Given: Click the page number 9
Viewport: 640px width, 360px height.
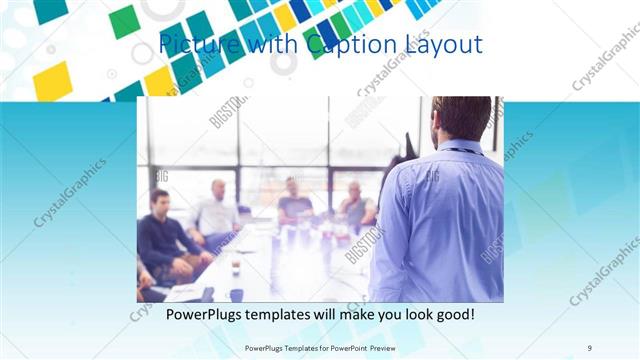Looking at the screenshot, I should [x=590, y=347].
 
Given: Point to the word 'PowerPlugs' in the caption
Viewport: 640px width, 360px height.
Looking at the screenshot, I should [x=206, y=315].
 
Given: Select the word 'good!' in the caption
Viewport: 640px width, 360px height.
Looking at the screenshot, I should [x=453, y=315].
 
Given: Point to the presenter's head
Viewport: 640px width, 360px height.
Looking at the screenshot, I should [x=463, y=118].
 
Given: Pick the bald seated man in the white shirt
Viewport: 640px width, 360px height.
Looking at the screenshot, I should [x=217, y=210].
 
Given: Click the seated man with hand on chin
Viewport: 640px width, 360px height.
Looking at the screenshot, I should [x=354, y=205].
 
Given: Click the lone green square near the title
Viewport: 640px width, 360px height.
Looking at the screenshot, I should [x=124, y=22].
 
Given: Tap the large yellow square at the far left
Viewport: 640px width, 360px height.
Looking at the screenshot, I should [x=53, y=81].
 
